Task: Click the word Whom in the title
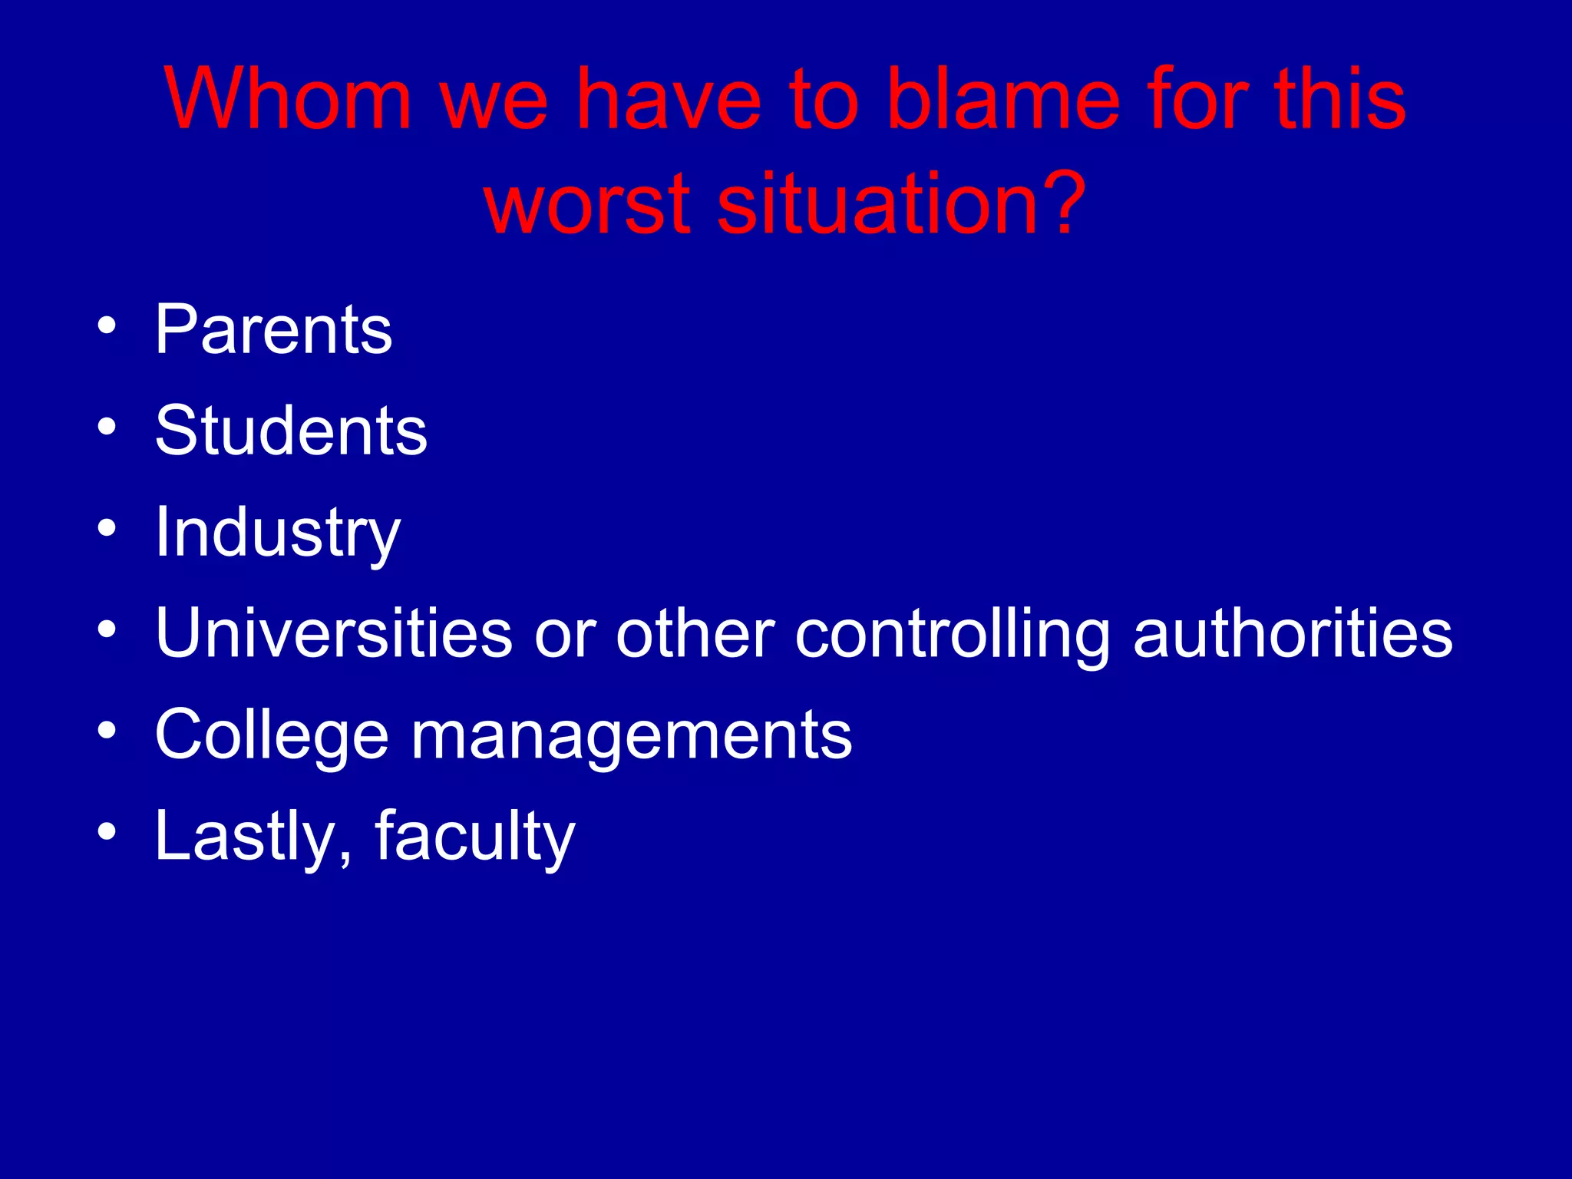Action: (x=288, y=100)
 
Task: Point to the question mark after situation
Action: (x=1062, y=202)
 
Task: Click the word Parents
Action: (x=273, y=329)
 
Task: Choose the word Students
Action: (x=291, y=431)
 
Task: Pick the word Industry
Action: (x=277, y=533)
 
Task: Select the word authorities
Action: (x=1293, y=633)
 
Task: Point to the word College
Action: (x=272, y=736)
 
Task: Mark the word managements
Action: (x=631, y=736)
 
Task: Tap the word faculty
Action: (x=474, y=837)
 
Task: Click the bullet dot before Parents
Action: (x=107, y=325)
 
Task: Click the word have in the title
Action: (x=669, y=100)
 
